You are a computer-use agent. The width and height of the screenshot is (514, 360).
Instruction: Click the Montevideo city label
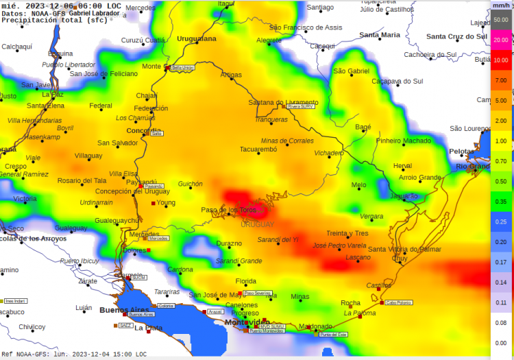click(247, 322)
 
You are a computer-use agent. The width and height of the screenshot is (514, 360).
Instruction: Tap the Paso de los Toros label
click(228, 210)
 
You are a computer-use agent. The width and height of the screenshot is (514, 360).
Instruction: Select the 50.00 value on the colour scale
click(500, 20)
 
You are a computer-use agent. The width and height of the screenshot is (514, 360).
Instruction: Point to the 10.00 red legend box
click(500, 60)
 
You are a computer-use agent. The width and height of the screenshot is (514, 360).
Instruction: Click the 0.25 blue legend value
click(500, 221)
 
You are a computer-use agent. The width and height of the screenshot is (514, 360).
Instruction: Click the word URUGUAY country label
click(257, 224)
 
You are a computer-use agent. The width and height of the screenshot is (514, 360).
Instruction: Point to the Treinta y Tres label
click(347, 233)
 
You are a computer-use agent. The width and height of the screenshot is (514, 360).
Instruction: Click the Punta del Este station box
click(334, 335)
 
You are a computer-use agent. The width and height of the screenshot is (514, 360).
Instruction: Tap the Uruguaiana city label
click(197, 38)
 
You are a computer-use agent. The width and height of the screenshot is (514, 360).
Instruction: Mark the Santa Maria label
click(380, 34)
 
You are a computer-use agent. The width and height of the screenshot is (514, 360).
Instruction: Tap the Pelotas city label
click(461, 151)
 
